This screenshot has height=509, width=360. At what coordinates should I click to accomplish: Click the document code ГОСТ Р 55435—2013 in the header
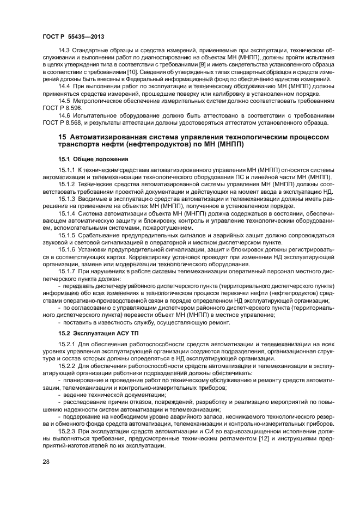73,36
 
